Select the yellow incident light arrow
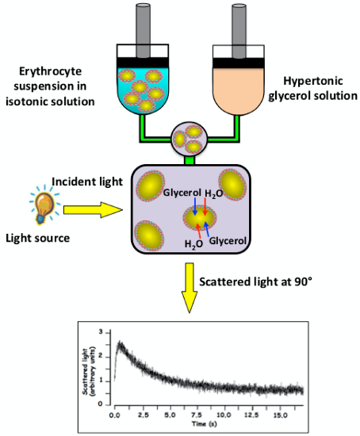tap(93, 209)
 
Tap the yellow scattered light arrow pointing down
tap(190, 288)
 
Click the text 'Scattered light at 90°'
tap(255, 281)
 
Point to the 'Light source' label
tap(38, 239)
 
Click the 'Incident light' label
tap(87, 182)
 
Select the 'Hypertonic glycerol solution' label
tap(312, 88)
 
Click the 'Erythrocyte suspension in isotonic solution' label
tap(50, 86)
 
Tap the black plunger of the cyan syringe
tap(143, 63)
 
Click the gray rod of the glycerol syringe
tap(239, 29)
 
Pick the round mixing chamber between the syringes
tap(190, 138)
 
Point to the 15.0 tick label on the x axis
tap(280, 415)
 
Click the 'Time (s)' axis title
tap(205, 424)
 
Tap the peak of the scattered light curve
tap(120, 342)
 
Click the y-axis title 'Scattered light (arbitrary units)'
tap(89, 371)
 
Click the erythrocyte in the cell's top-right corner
tap(233, 185)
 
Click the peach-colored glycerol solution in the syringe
tap(239, 90)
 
